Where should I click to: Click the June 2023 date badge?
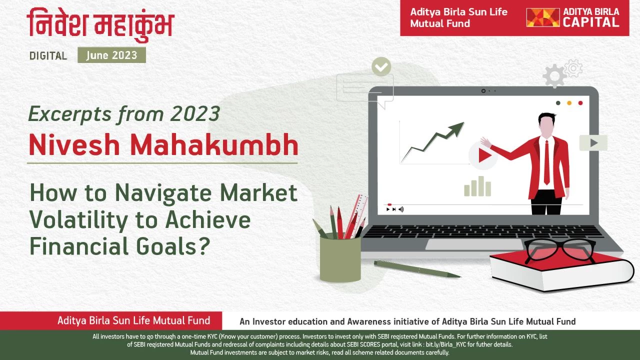[x=111, y=55]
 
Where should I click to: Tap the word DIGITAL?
[x=48, y=55]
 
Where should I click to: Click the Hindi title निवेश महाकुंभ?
[x=100, y=24]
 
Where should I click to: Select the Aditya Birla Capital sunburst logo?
[x=542, y=17]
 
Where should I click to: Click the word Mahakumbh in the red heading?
[x=214, y=145]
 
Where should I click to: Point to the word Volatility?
[x=78, y=220]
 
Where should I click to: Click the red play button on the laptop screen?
[x=483, y=155]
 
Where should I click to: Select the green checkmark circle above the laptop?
[x=381, y=67]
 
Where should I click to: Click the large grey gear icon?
[x=554, y=75]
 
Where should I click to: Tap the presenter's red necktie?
[x=546, y=162]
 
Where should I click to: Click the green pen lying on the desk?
[x=417, y=269]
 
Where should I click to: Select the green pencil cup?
[x=340, y=258]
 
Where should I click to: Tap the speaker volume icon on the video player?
[x=401, y=209]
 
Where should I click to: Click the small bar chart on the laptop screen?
[x=477, y=186]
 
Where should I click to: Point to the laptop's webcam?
[x=483, y=91]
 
